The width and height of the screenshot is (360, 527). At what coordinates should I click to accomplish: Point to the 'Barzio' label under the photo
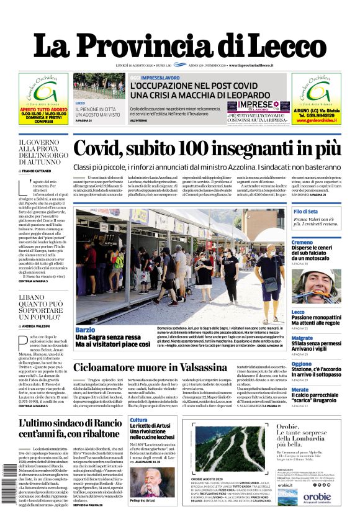(85, 330)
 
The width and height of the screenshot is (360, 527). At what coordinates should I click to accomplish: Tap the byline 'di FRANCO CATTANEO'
(38, 169)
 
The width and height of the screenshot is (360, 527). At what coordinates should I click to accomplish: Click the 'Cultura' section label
(139, 420)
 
